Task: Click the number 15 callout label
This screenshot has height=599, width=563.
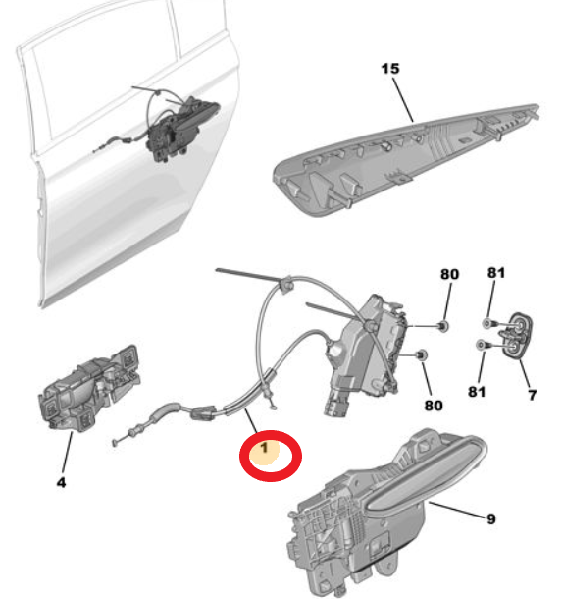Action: pyautogui.click(x=390, y=69)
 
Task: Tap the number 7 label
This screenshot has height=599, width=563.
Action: pyautogui.click(x=533, y=395)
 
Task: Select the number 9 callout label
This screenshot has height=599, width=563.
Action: pyautogui.click(x=491, y=519)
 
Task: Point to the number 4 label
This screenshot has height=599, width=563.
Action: pyautogui.click(x=61, y=482)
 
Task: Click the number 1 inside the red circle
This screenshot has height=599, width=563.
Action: pyautogui.click(x=264, y=448)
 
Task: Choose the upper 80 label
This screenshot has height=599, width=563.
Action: pyautogui.click(x=449, y=274)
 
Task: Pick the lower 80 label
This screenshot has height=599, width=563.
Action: pyautogui.click(x=434, y=406)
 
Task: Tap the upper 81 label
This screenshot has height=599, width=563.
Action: pyautogui.click(x=496, y=272)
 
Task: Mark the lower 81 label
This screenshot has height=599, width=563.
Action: pyautogui.click(x=477, y=392)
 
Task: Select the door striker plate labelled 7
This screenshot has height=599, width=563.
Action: pyautogui.click(x=517, y=336)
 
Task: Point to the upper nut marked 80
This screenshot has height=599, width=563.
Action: pyautogui.click(x=443, y=326)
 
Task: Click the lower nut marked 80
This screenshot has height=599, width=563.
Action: pyautogui.click(x=422, y=355)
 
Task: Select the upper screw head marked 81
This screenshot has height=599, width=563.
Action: pyautogui.click(x=487, y=323)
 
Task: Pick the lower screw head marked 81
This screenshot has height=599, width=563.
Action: pyautogui.click(x=481, y=345)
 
